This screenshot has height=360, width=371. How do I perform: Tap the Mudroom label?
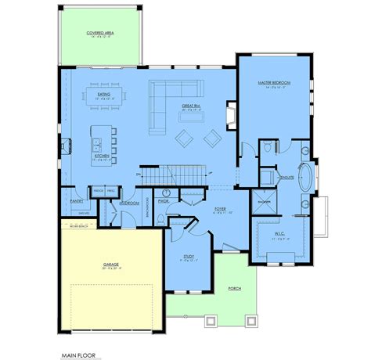(129, 203)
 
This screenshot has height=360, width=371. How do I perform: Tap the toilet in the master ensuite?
(270, 146)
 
